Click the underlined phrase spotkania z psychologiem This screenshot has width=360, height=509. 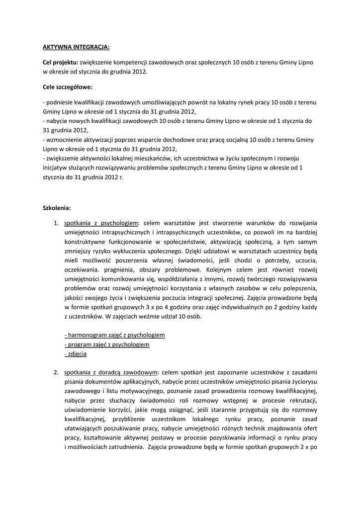pyautogui.click(x=101, y=223)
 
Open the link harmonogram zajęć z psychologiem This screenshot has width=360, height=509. pyautogui.click(x=115, y=335)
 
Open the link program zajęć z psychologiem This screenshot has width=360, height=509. pyautogui.click(x=107, y=344)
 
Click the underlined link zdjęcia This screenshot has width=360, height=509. pyautogui.click(x=76, y=353)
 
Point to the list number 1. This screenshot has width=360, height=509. pyautogui.click(x=56, y=223)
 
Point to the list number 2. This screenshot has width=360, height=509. pyautogui.click(x=56, y=372)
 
